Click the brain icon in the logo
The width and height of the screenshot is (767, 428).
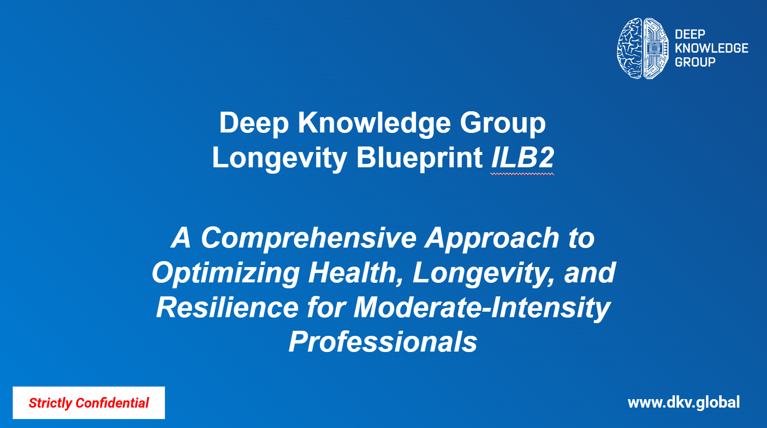(x=643, y=48)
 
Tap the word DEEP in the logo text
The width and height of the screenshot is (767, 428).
(x=690, y=34)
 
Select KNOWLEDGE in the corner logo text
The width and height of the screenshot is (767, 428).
(x=711, y=48)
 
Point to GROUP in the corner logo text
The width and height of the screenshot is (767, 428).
(x=695, y=62)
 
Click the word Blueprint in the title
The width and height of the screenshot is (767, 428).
(x=419, y=158)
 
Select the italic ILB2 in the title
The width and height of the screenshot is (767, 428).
(x=523, y=158)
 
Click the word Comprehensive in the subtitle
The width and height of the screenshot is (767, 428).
(x=309, y=238)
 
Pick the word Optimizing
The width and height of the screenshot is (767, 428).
(x=226, y=273)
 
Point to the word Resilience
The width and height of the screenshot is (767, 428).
(x=227, y=307)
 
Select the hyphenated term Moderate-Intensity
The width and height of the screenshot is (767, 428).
(x=482, y=308)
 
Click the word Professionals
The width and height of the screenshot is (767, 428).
(x=383, y=342)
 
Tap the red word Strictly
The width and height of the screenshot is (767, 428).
(x=50, y=403)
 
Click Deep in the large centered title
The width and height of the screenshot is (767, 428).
(x=254, y=124)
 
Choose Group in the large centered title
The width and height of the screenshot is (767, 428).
(x=503, y=124)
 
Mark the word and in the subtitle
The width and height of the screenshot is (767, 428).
(x=590, y=273)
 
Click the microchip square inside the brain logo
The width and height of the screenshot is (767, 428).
(x=655, y=49)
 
